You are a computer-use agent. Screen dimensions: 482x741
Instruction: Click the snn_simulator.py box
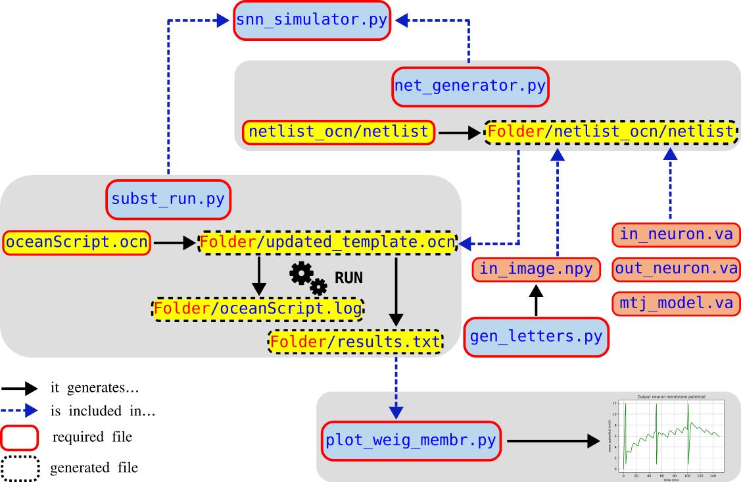point(312,20)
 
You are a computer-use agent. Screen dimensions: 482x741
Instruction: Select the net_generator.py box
point(470,86)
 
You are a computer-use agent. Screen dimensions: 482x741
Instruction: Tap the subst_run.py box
point(168,199)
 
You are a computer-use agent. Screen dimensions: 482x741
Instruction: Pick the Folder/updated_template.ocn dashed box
point(327,242)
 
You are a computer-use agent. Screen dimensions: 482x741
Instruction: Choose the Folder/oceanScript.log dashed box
point(258,308)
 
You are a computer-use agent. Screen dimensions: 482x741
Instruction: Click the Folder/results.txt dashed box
point(355,342)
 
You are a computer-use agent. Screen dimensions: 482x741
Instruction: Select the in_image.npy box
point(536,269)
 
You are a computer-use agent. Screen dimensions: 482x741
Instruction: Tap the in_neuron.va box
point(676,234)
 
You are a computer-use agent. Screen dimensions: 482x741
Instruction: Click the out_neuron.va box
point(676,269)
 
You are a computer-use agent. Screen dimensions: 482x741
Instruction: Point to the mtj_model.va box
point(676,303)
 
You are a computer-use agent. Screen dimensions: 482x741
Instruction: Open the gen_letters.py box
point(536,337)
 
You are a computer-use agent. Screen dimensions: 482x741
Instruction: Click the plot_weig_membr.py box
point(411,441)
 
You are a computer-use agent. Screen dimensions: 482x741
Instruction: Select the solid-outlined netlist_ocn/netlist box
point(339,132)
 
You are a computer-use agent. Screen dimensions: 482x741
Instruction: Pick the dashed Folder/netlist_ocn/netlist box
point(610,132)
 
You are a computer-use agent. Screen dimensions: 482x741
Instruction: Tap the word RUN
point(348,277)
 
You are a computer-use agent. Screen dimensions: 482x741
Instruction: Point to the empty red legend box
point(19,438)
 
